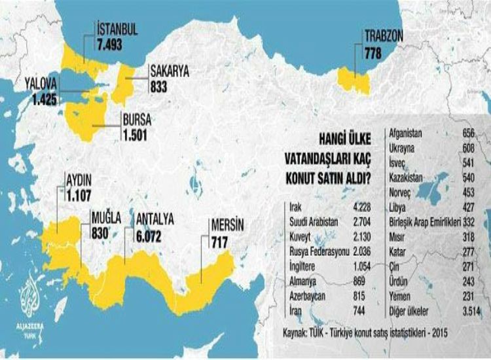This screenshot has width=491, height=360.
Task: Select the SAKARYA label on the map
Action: coord(169,71)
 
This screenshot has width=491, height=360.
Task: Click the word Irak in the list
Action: coord(296,209)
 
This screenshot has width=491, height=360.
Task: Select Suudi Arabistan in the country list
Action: coord(313,221)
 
